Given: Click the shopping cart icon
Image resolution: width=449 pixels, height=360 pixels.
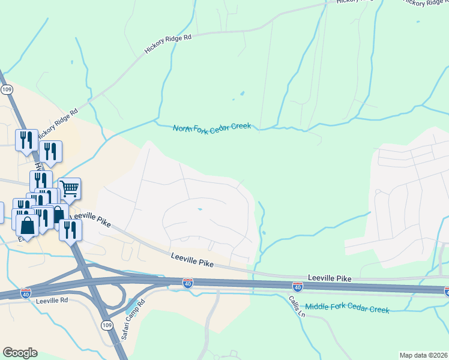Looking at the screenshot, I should pyautogui.click(x=70, y=189).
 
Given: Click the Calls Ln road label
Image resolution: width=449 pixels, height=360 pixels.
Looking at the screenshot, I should pyautogui.click(x=297, y=307).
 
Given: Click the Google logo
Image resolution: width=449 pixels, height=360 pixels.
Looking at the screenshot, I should pyautogui.click(x=20, y=353).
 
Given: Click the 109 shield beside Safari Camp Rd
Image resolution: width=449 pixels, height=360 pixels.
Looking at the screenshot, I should pyautogui.click(x=106, y=325).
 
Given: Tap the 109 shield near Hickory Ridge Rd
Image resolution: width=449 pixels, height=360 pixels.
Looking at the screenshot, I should pyautogui.click(x=7, y=89).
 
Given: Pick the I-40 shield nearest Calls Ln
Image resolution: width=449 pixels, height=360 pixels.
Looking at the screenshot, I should pyautogui.click(x=298, y=287).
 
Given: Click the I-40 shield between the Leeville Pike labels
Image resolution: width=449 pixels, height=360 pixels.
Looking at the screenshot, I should pyautogui.click(x=188, y=282).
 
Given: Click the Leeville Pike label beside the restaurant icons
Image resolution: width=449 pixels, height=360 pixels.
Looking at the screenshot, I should pyautogui.click(x=90, y=219).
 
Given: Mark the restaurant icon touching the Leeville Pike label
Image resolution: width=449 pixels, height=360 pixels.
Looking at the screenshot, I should pyautogui.click(x=70, y=229).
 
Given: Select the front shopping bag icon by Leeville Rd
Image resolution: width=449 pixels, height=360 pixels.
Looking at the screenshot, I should pyautogui.click(x=27, y=226).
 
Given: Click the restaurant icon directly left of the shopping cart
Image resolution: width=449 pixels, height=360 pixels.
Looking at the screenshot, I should pyautogui.click(x=41, y=181).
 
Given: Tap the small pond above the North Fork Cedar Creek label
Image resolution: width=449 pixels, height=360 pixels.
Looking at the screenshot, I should pyautogui.click(x=242, y=94).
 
